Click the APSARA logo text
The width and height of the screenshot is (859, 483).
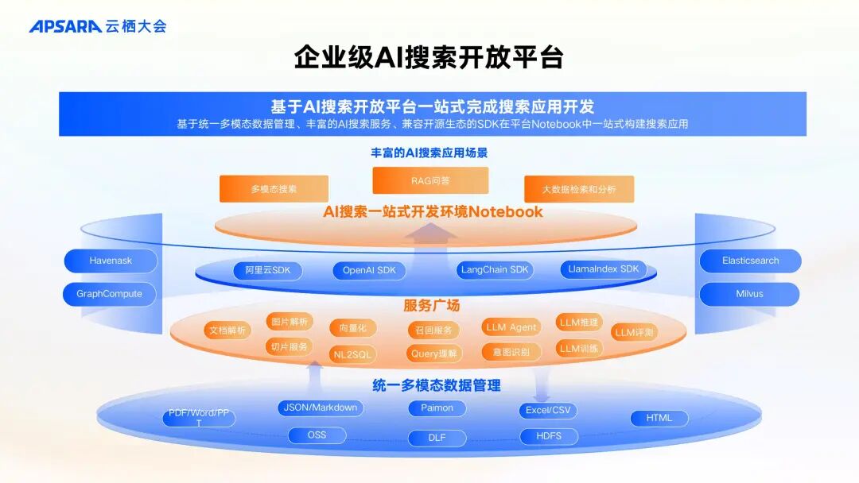pos(66,26)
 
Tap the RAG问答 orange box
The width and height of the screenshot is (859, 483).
pos(430,180)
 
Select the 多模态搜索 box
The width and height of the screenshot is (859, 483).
pos(274,189)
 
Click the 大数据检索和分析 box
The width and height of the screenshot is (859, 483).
pos(578,189)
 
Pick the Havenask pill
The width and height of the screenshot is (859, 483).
pos(111,261)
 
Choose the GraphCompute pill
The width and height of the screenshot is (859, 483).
pos(110,294)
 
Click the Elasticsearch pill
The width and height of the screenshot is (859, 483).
pos(750,261)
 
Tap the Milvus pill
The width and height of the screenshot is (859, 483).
pos(749,294)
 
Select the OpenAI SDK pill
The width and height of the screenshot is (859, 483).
pos(369,270)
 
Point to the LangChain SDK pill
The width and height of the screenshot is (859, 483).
pos(495,269)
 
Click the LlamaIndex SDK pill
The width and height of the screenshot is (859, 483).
pos(604,269)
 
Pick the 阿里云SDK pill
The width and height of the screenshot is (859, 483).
pos(268,270)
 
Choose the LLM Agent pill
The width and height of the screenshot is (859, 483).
pos(511,327)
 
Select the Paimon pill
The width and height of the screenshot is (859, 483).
pos(437,408)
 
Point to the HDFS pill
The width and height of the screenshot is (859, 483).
pos(549,436)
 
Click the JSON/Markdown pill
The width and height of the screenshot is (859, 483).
pos(321,408)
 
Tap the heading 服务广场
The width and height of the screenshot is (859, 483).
pos(431,305)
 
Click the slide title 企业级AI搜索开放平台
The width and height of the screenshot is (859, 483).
pos(429,57)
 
